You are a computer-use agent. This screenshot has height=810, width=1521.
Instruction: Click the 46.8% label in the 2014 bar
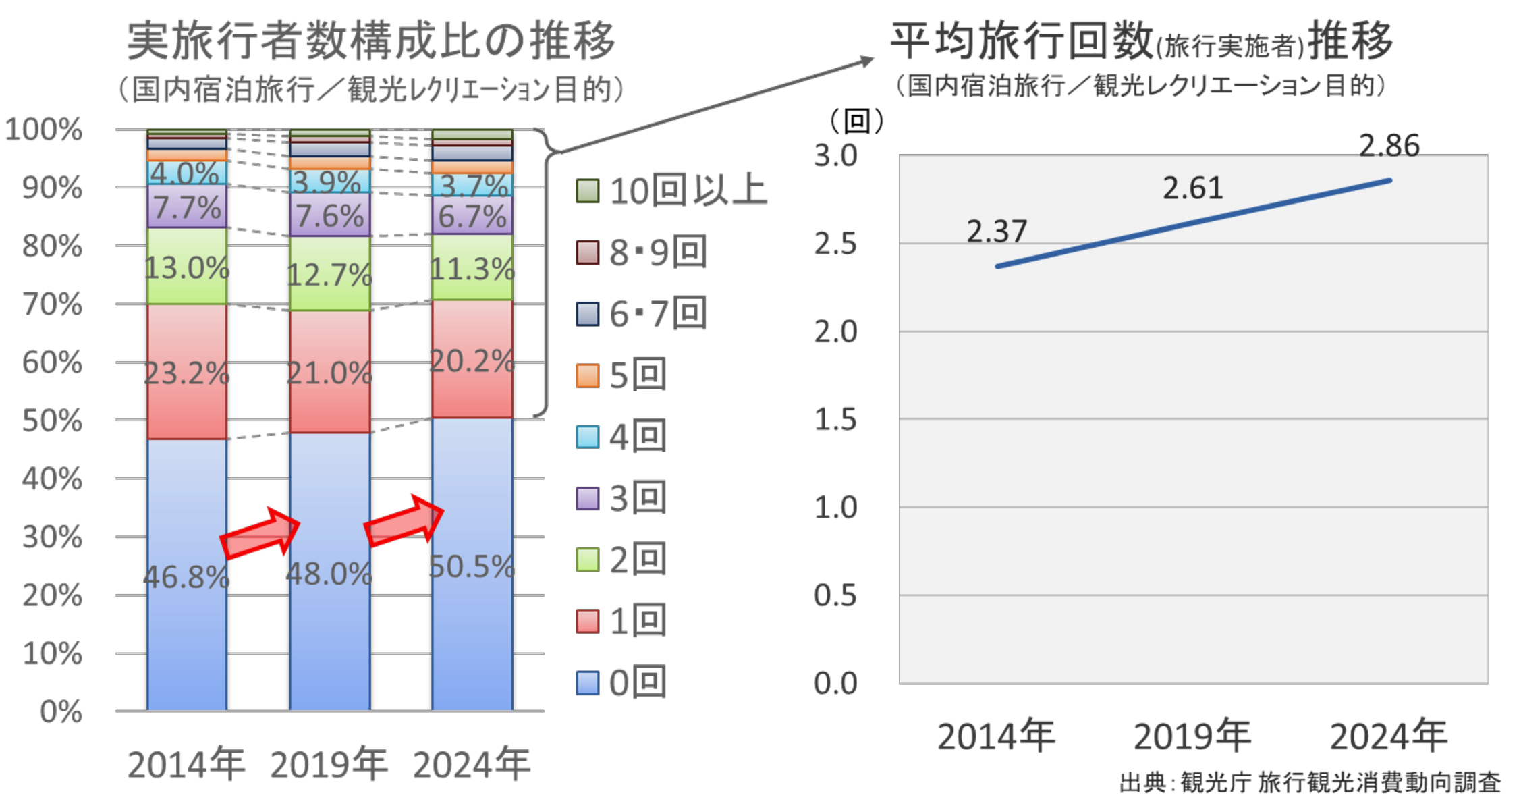(x=186, y=577)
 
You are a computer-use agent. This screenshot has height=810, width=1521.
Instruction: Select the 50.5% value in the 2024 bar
(x=472, y=567)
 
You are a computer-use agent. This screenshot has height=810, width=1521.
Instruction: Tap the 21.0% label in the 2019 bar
(x=329, y=373)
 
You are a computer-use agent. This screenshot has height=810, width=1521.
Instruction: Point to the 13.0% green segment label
(x=187, y=269)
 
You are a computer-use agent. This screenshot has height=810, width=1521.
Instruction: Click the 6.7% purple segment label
(x=472, y=217)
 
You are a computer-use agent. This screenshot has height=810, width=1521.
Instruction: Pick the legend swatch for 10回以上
(x=588, y=191)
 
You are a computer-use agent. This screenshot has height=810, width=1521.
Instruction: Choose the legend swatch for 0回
(x=588, y=683)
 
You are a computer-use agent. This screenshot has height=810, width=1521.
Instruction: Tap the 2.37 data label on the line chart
(x=997, y=232)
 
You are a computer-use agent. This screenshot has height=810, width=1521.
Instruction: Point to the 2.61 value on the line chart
(x=1192, y=188)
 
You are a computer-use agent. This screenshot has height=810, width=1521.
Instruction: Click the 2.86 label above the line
(x=1389, y=146)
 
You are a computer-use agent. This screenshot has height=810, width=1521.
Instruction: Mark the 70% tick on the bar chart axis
(x=53, y=305)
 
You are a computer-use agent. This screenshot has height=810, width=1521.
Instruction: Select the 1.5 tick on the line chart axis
(x=835, y=420)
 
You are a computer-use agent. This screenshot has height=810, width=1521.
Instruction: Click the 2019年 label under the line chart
(x=1192, y=736)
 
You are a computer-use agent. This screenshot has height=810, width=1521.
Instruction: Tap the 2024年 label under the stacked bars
(x=472, y=765)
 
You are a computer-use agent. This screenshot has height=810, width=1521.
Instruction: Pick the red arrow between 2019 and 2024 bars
(x=404, y=520)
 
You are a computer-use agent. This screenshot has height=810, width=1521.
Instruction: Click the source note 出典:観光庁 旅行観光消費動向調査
(x=1309, y=783)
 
